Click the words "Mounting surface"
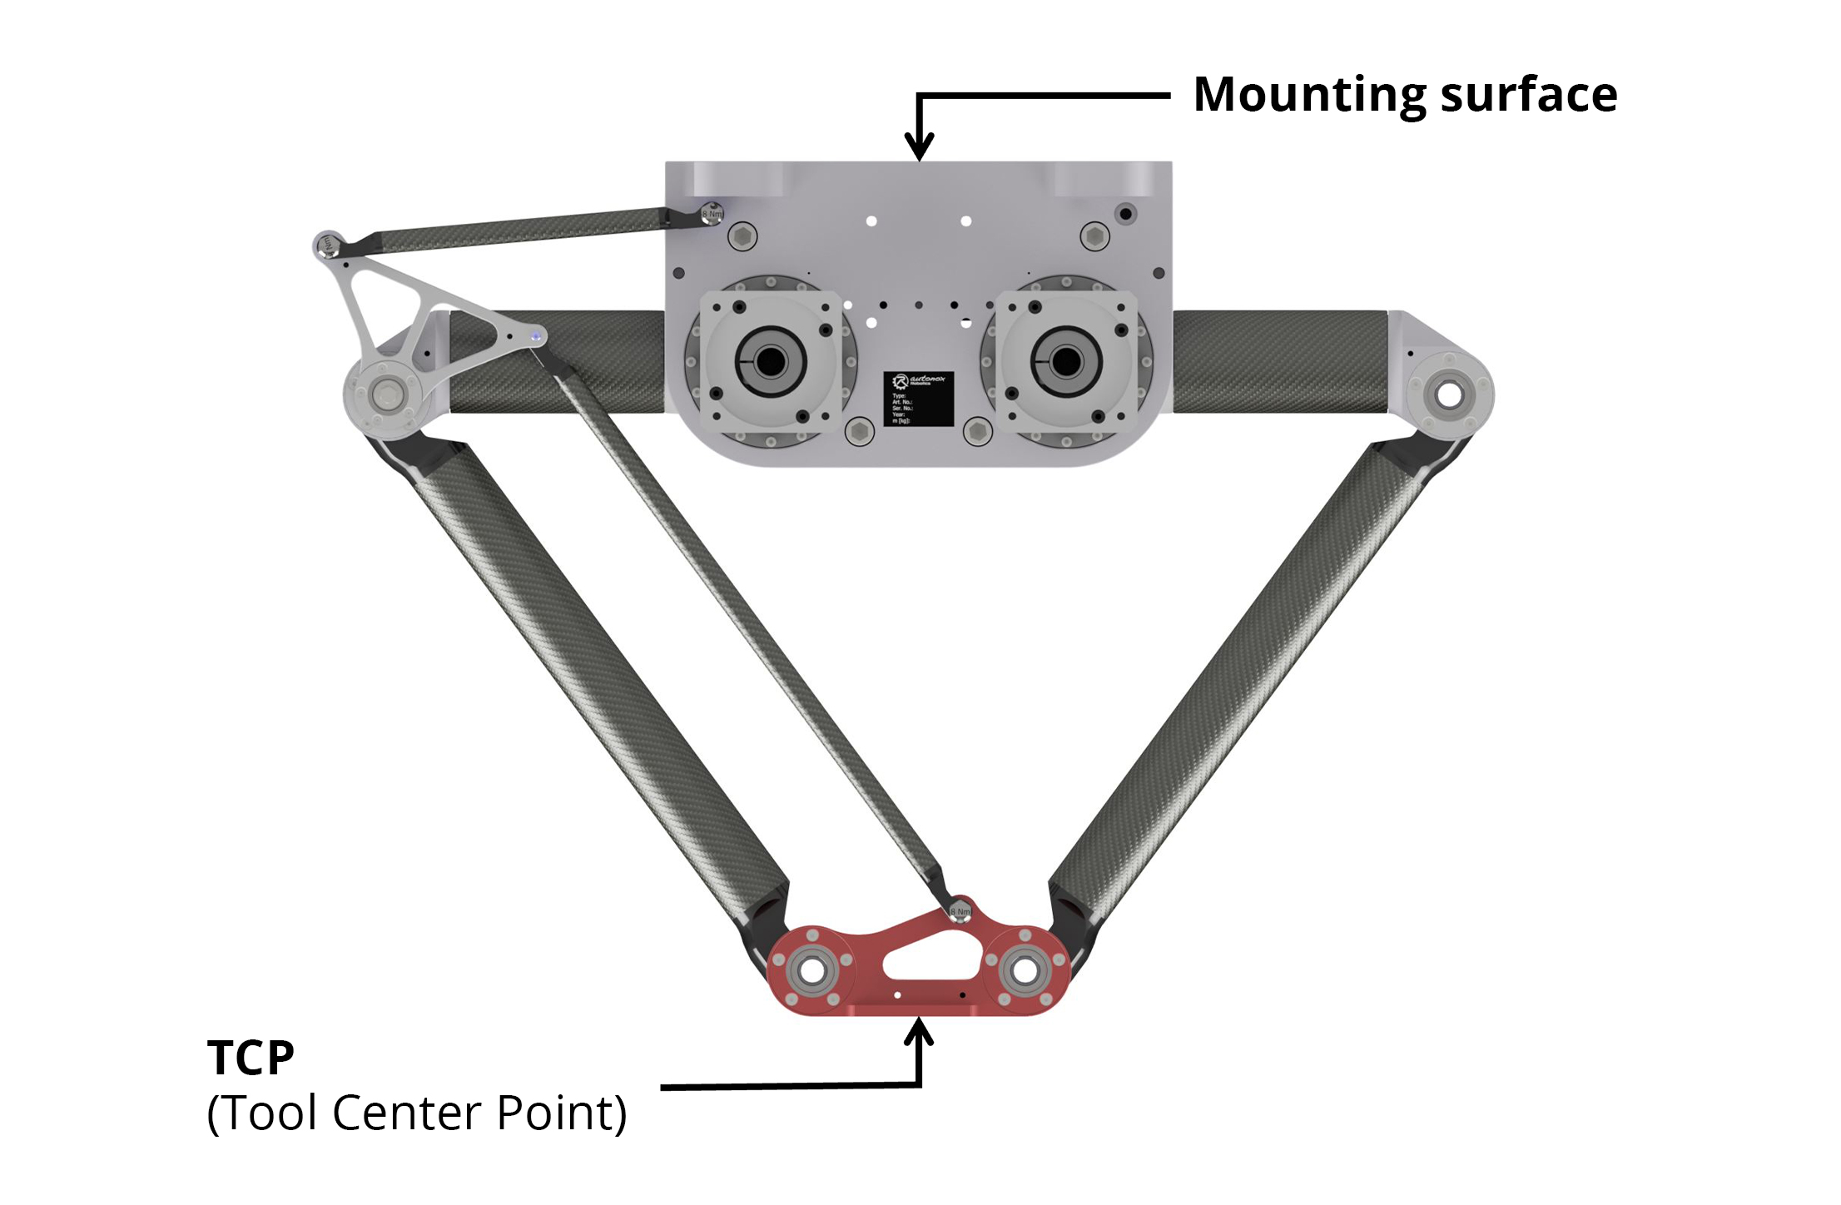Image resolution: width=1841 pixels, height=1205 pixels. pyautogui.click(x=1405, y=94)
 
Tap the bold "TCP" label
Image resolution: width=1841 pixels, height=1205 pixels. pyautogui.click(x=251, y=1058)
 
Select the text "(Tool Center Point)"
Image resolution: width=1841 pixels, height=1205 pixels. pyautogui.click(x=416, y=1113)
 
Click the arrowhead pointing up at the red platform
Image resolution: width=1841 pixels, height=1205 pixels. pyautogui.click(x=919, y=1032)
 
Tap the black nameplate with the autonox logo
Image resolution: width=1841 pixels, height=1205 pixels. pyautogui.click(x=918, y=399)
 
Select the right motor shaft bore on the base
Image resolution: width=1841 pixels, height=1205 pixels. pyautogui.click(x=1065, y=361)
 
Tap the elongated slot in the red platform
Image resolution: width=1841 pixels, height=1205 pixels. pyautogui.click(x=931, y=958)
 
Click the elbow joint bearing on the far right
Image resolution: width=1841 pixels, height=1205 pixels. pyautogui.click(x=1449, y=394)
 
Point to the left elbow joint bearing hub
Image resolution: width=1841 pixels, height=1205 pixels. pyautogui.click(x=386, y=391)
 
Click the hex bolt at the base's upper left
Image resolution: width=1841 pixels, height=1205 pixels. pyautogui.click(x=742, y=236)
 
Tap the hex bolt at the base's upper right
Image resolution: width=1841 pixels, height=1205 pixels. pyautogui.click(x=1094, y=236)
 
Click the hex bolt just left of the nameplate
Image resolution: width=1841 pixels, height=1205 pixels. pyautogui.click(x=858, y=431)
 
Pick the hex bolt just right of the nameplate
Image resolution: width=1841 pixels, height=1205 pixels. pyautogui.click(x=977, y=431)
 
